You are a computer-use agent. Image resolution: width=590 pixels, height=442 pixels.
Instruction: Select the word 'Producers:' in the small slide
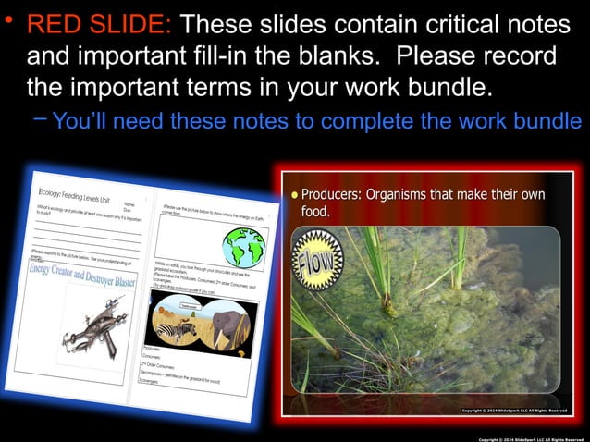tap(332, 195)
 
